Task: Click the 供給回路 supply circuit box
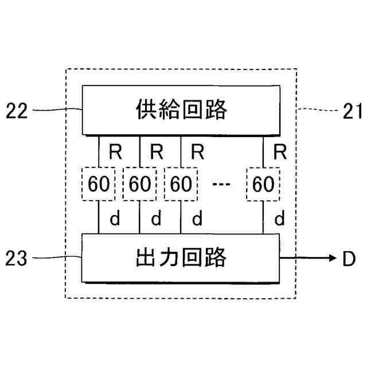[x=181, y=110]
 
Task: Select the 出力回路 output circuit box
[x=181, y=258]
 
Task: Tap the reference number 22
[x=17, y=111]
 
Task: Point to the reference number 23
[x=17, y=259]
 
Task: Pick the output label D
[x=349, y=259]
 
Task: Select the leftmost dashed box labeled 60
[x=99, y=184]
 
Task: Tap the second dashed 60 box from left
[x=140, y=184]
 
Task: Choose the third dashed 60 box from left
[x=181, y=184]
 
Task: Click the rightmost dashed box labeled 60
[x=263, y=184]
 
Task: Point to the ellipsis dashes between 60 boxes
[x=221, y=184]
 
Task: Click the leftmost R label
[x=114, y=152]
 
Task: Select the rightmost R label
[x=280, y=152]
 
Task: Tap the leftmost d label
[x=114, y=218]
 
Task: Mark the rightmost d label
[x=280, y=218]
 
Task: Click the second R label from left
[x=155, y=152]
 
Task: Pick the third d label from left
[x=197, y=218]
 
